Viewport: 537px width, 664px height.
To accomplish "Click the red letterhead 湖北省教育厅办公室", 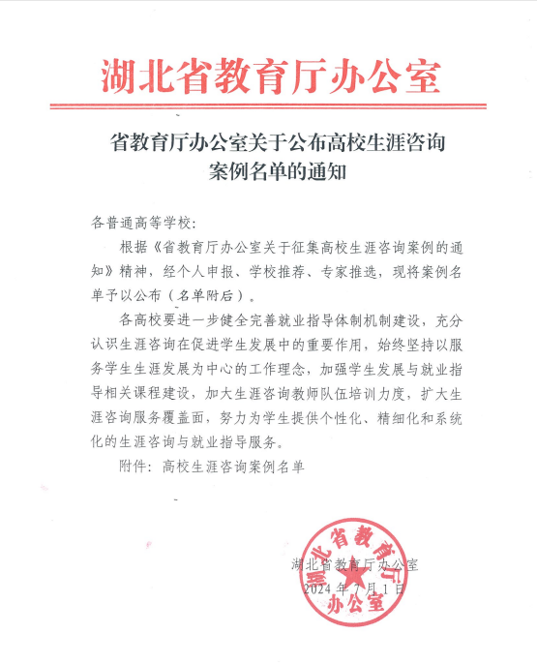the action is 270,75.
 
